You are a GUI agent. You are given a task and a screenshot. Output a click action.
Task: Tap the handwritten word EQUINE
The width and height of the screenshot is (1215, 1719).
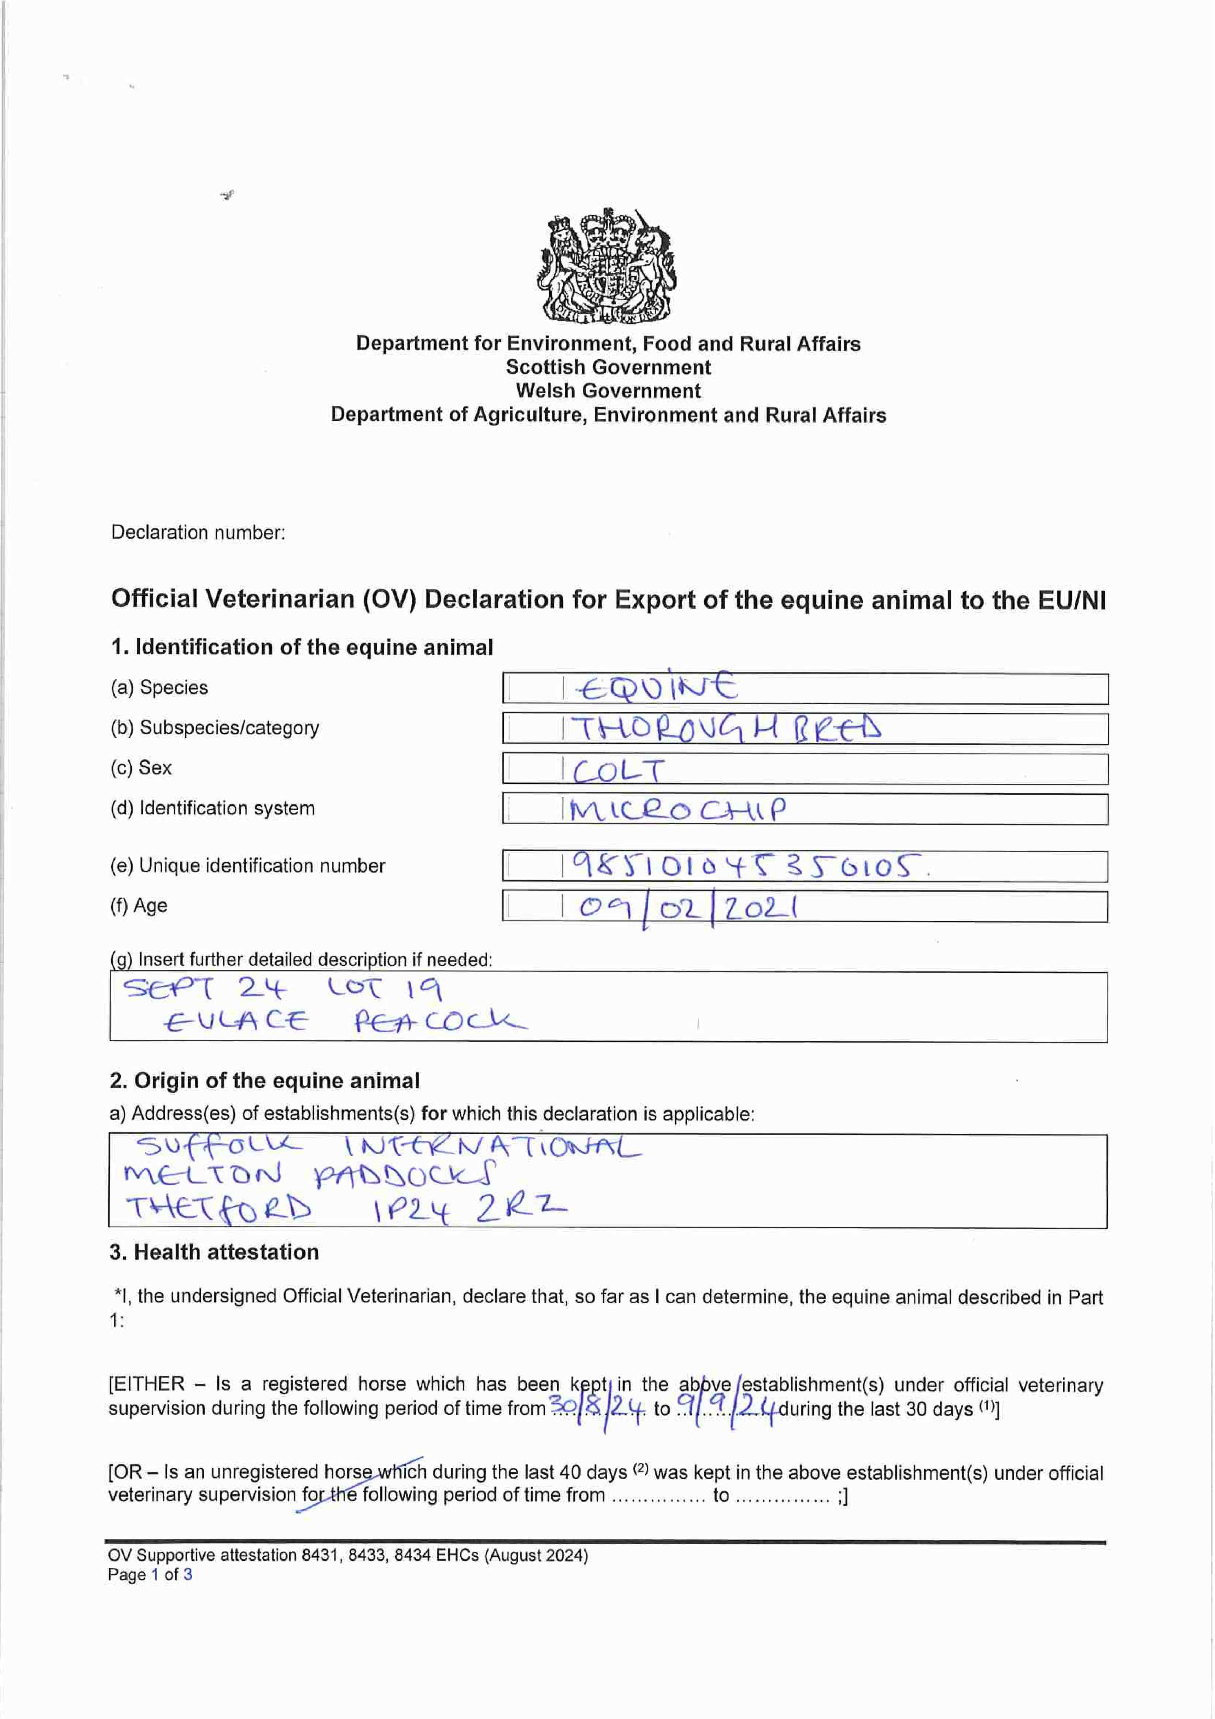pyautogui.click(x=656, y=687)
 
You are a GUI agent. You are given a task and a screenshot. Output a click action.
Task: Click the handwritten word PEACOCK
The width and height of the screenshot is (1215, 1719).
pyautogui.click(x=440, y=1021)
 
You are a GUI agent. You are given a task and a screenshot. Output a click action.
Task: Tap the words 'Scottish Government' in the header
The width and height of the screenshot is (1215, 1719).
pyautogui.click(x=608, y=367)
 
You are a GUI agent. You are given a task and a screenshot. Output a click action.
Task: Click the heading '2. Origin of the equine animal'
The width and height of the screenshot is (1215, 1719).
pyautogui.click(x=264, y=1080)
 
